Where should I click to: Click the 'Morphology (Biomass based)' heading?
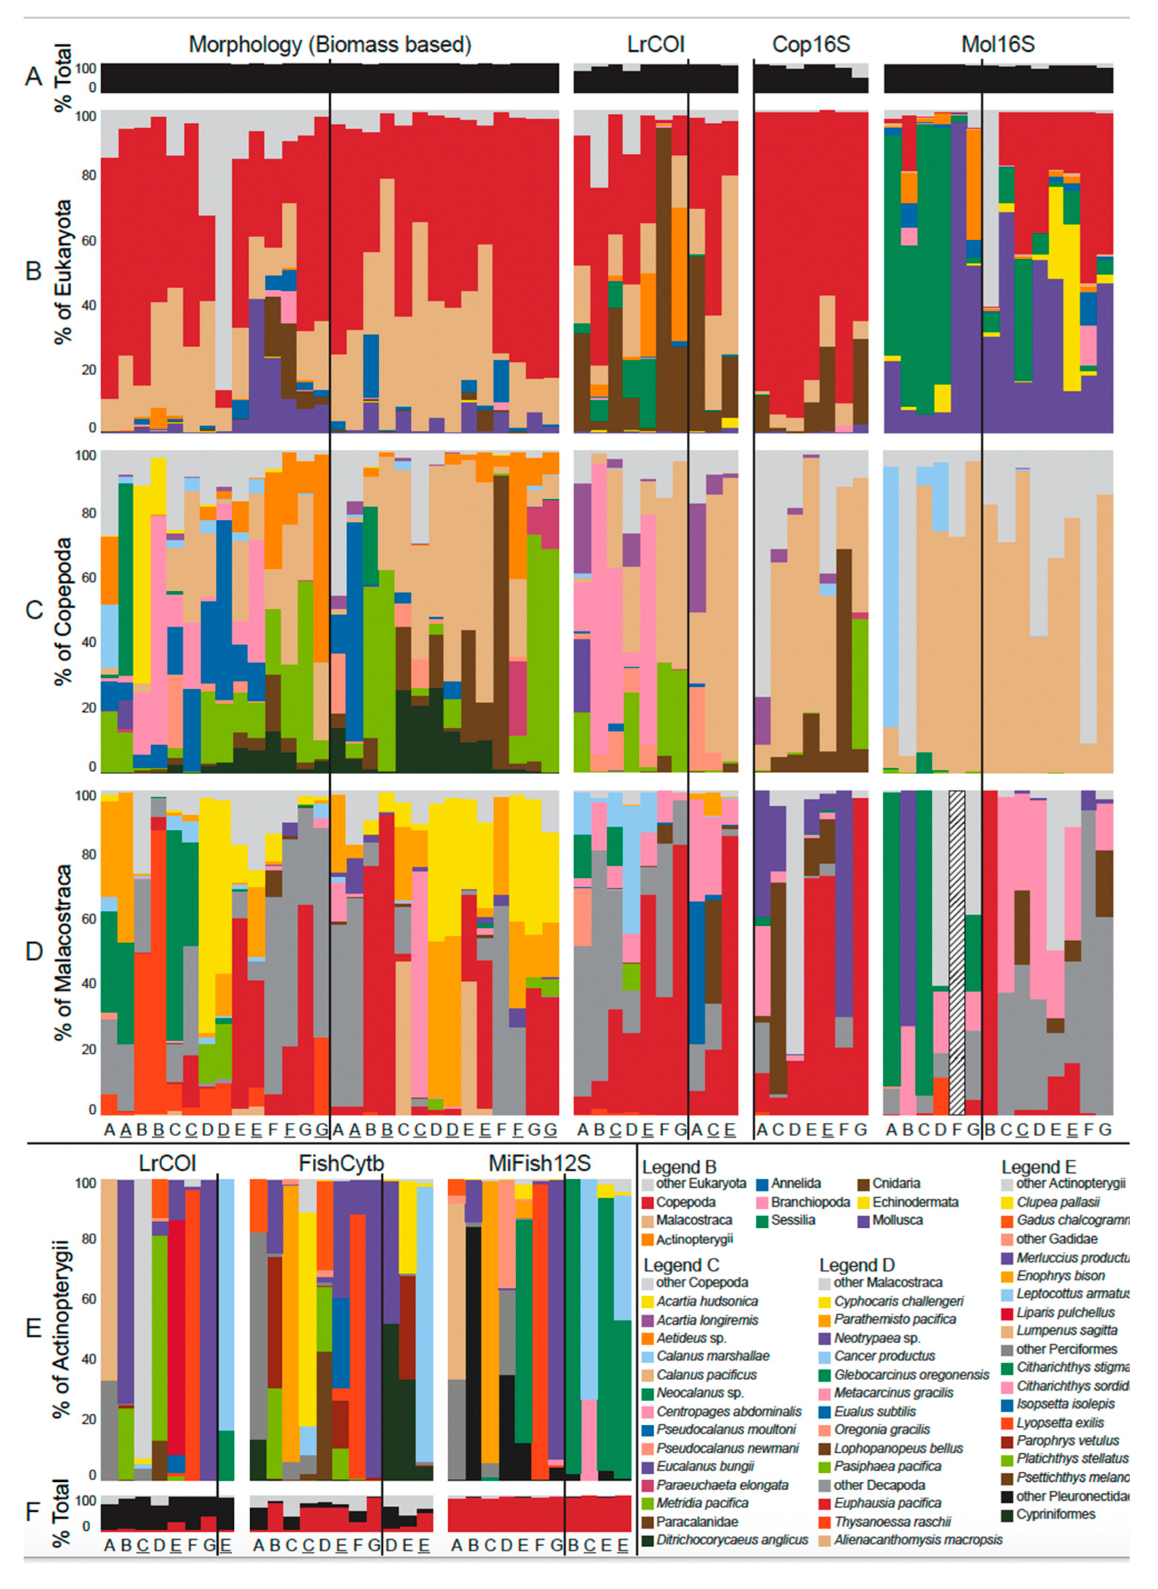329,45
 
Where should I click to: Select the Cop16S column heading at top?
811,45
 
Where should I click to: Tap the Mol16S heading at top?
998,45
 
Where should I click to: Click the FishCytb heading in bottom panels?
341,1164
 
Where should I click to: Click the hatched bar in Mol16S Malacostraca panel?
957,953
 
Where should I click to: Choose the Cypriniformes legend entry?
1055,1514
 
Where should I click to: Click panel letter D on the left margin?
34,951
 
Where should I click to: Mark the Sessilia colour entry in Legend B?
792,1220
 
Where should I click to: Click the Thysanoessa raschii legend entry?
892,1521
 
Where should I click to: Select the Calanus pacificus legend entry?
706,1374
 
